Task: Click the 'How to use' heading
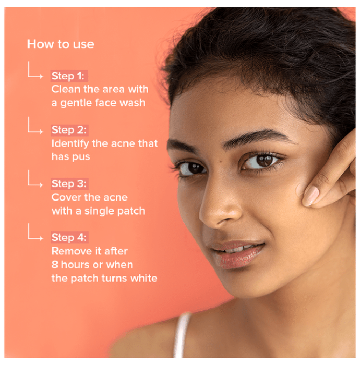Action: [x=61, y=44]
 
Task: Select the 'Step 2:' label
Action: [x=69, y=130]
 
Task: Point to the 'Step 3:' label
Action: [x=69, y=184]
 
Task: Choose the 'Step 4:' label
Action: [x=69, y=238]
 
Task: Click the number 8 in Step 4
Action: [x=55, y=265]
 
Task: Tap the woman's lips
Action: [x=237, y=254]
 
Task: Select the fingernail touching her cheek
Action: [x=311, y=196]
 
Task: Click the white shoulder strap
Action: [x=182, y=335]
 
